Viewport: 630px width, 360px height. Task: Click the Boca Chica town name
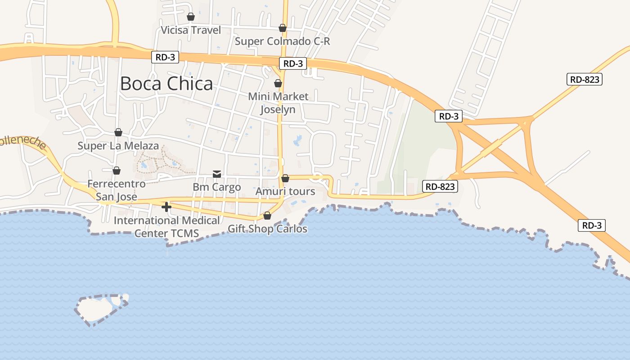[166, 84]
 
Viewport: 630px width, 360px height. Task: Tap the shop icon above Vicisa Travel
[191, 17]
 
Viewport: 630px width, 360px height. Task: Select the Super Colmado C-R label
[283, 41]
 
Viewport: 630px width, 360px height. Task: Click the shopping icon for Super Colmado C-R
[283, 28]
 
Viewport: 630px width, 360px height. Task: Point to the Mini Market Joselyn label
[278, 103]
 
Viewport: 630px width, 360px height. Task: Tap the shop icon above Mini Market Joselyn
[278, 83]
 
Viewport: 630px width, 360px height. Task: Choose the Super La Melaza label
[118, 146]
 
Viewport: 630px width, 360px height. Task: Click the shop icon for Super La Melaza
[118, 132]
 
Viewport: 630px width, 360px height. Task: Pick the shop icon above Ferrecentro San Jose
[117, 171]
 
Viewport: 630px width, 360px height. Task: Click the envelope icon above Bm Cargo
[217, 174]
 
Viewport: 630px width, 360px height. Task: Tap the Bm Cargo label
[217, 187]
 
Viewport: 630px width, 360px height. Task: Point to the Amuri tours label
[285, 191]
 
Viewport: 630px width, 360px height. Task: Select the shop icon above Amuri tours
[285, 178]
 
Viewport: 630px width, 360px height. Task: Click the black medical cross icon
[166, 207]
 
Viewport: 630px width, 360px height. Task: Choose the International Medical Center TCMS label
[167, 227]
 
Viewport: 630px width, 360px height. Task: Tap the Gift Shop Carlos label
[267, 229]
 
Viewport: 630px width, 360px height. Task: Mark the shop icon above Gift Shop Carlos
[267, 216]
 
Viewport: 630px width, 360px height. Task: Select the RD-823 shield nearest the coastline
[440, 186]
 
